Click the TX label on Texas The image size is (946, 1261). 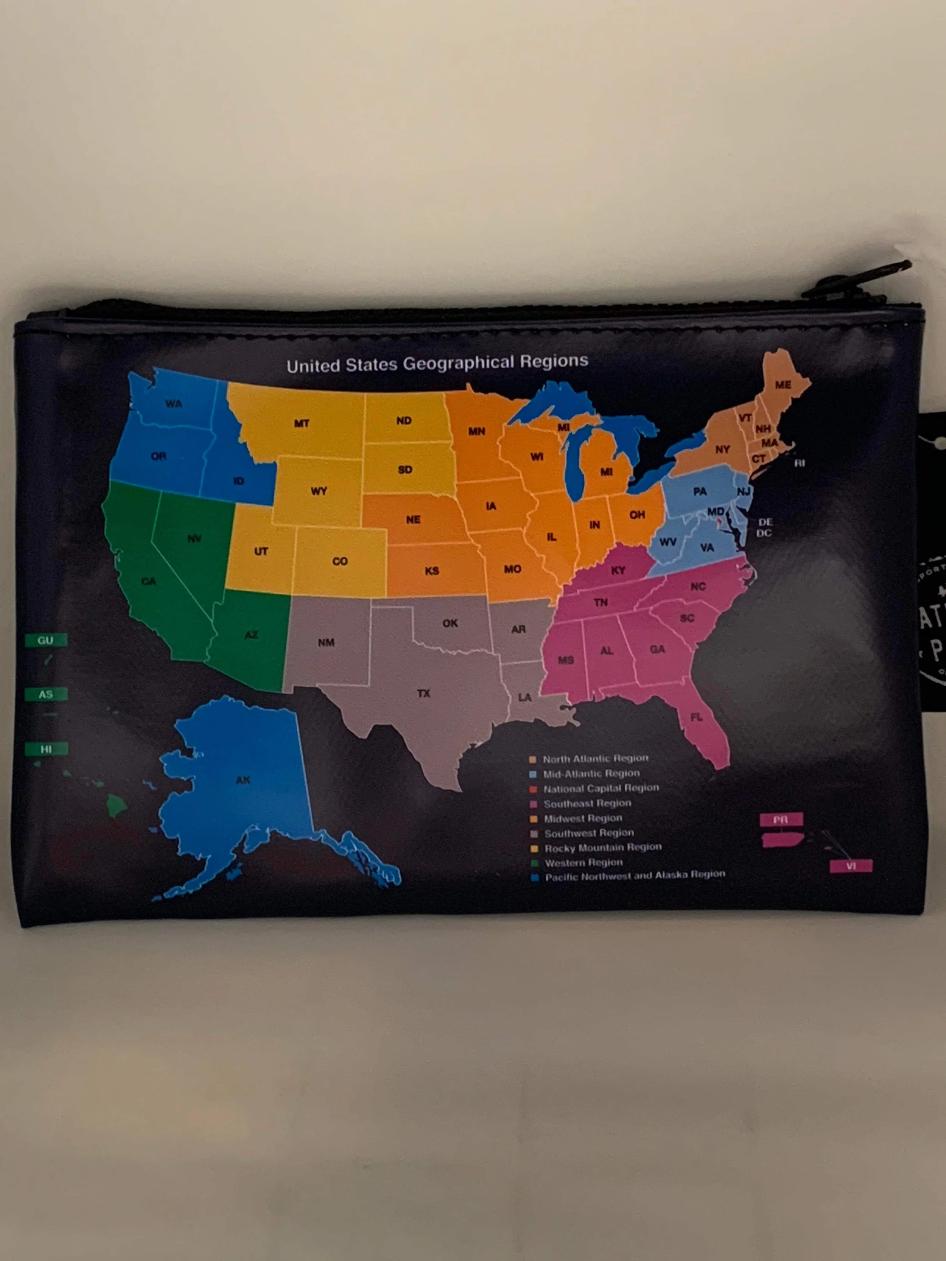pyautogui.click(x=423, y=693)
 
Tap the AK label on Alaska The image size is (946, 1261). pyautogui.click(x=243, y=780)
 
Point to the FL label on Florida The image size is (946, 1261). pyautogui.click(x=696, y=717)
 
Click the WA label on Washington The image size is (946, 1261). pyautogui.click(x=174, y=404)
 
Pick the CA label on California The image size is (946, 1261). pyautogui.click(x=149, y=581)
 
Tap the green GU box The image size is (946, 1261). pyautogui.click(x=46, y=640)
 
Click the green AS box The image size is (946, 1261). pyautogui.click(x=46, y=694)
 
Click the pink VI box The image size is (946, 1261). pyautogui.click(x=851, y=866)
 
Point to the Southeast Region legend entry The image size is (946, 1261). pyautogui.click(x=587, y=803)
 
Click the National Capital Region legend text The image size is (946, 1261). pyautogui.click(x=601, y=788)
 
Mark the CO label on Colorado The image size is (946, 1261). pyautogui.click(x=340, y=561)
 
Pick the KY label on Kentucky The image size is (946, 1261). pyautogui.click(x=618, y=570)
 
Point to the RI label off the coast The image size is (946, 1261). pyautogui.click(x=800, y=463)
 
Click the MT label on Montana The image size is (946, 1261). pyautogui.click(x=302, y=423)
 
